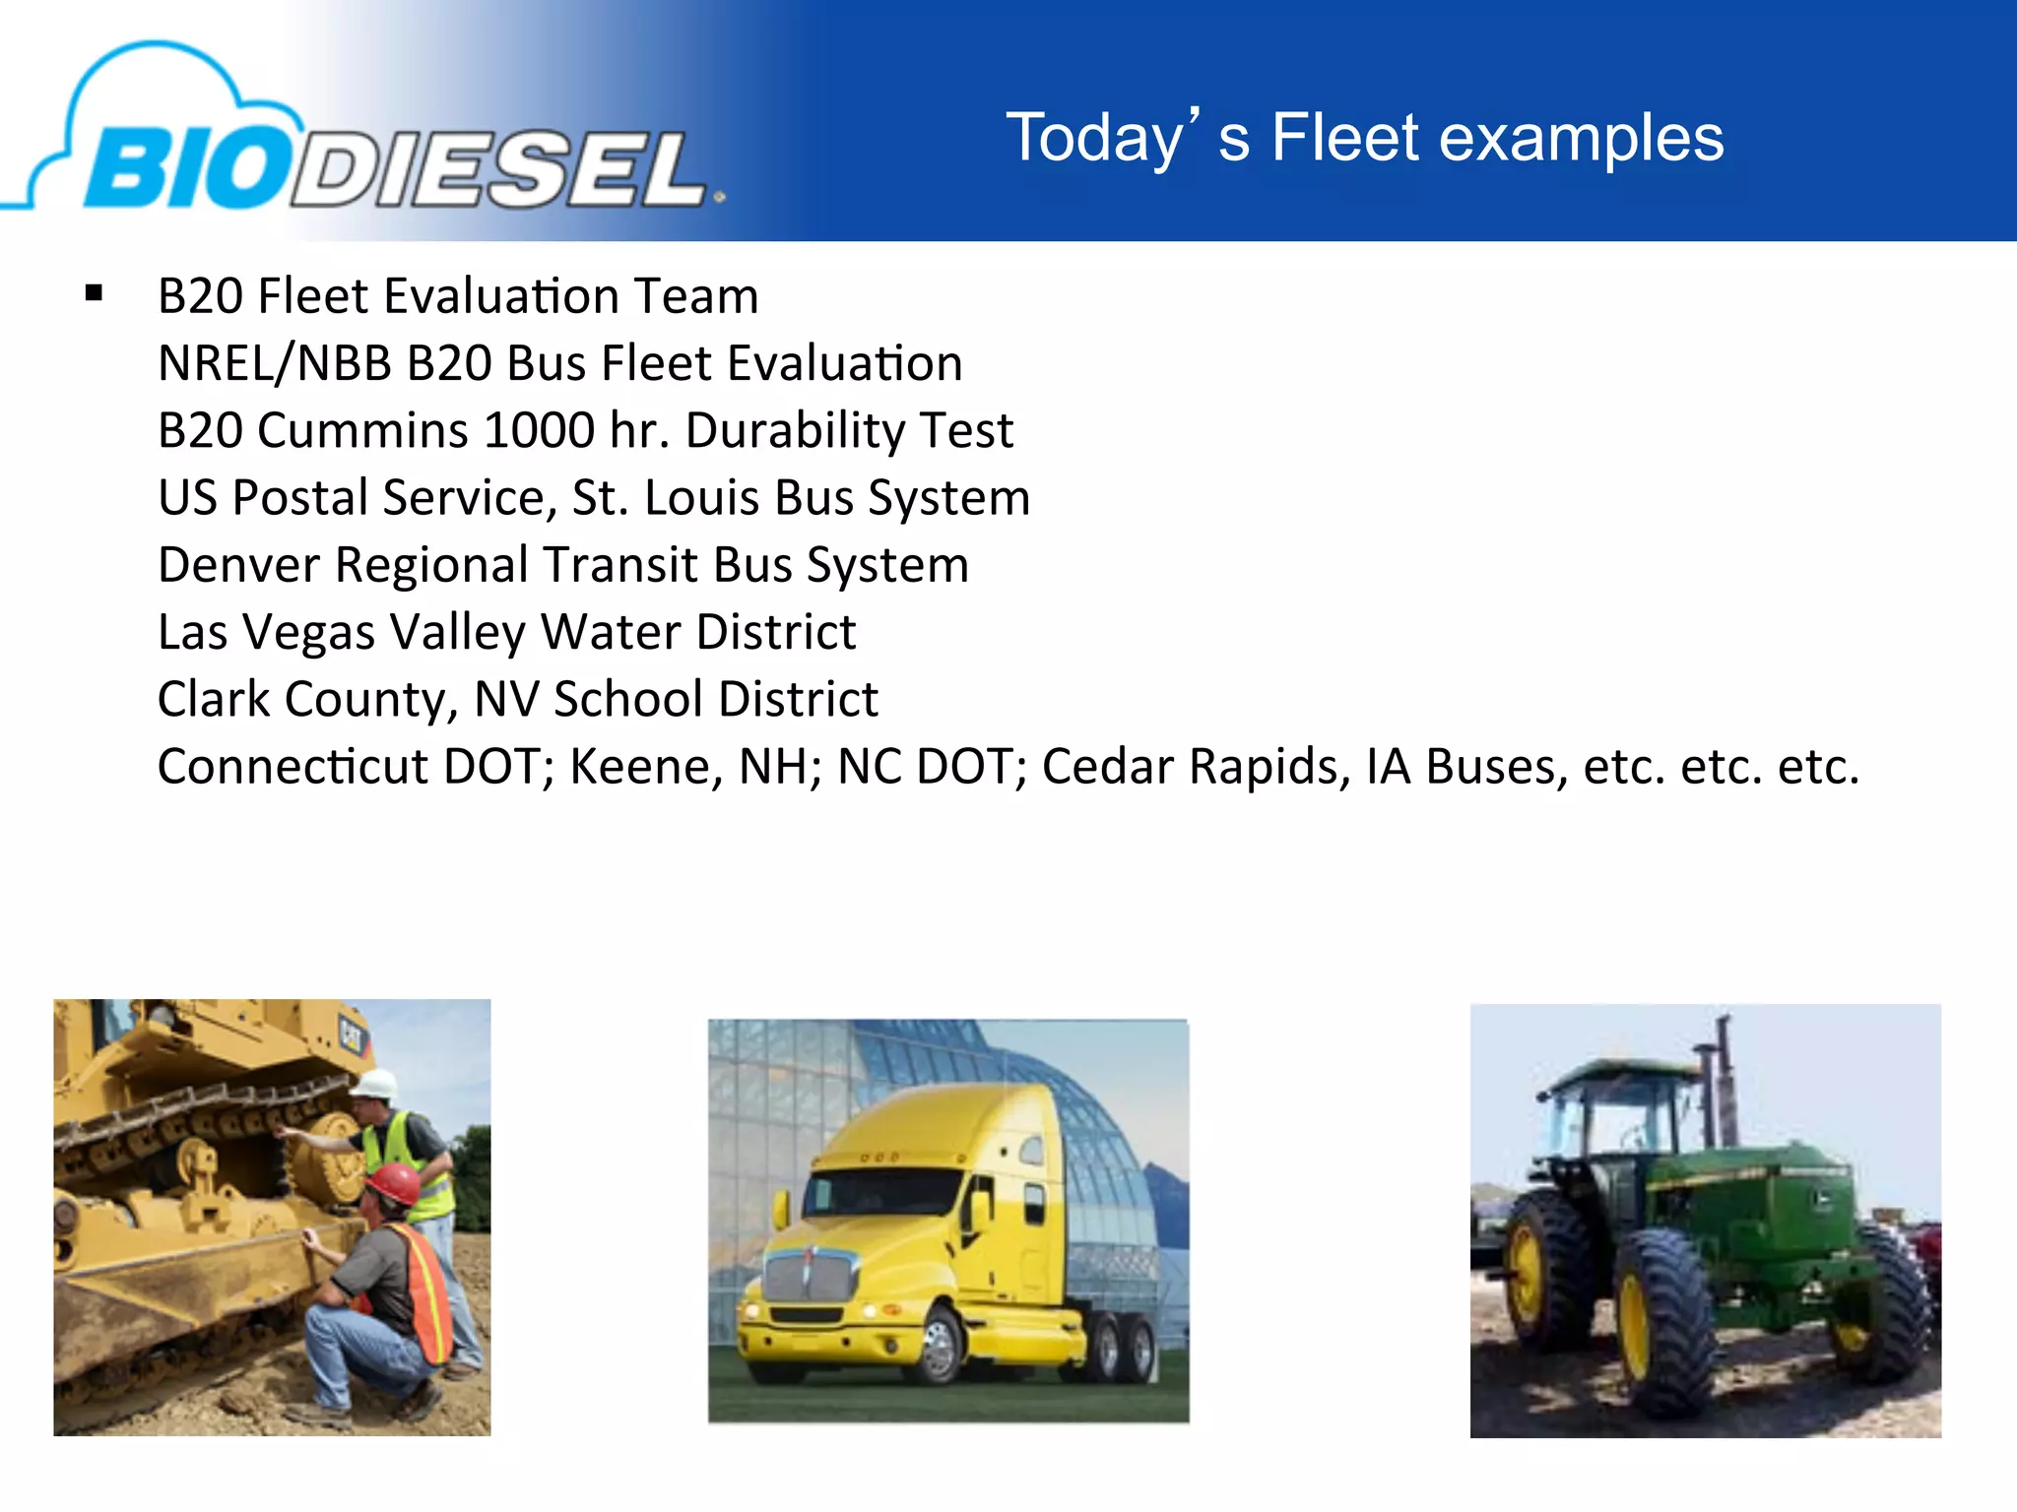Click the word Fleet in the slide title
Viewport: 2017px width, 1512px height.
click(x=1344, y=138)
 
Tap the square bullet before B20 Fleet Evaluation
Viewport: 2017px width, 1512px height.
click(x=95, y=292)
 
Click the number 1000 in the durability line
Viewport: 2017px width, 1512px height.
click(x=540, y=430)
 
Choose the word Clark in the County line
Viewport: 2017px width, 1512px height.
click(x=214, y=699)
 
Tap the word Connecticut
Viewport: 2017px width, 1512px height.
click(x=293, y=766)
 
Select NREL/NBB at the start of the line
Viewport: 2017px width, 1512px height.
click(x=276, y=363)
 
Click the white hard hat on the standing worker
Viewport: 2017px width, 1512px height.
click(x=375, y=1084)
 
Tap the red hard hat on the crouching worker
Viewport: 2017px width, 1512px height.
click(x=394, y=1182)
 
